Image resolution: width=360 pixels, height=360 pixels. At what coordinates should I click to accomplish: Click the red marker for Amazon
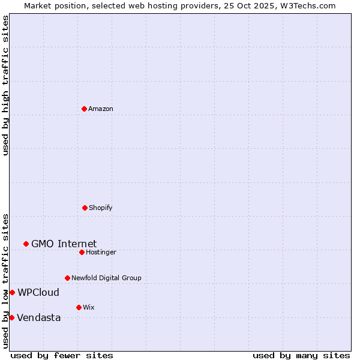84,109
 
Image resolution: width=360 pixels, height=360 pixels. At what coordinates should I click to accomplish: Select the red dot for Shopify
85,208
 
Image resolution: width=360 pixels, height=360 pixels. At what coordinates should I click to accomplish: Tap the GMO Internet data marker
26,244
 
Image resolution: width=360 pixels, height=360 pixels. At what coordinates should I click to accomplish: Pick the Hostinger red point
82,252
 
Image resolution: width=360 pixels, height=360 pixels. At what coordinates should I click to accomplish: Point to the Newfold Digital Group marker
67,278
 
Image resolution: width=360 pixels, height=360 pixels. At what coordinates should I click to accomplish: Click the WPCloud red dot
12,292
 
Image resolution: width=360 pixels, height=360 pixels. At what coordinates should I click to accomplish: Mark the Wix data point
79,307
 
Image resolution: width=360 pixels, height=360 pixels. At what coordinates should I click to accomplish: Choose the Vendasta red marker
11,317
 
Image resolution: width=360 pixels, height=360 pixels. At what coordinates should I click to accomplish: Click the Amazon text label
101,109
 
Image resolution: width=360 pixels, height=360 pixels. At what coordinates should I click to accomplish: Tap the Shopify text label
101,208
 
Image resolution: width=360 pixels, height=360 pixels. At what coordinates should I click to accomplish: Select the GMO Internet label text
64,244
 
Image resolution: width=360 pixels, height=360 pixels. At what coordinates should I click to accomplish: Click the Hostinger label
101,252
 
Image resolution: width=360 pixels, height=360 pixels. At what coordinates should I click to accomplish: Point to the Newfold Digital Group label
106,278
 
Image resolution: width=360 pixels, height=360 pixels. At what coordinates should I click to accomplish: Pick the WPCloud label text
38,292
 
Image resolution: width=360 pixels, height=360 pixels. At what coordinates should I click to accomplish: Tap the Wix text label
89,307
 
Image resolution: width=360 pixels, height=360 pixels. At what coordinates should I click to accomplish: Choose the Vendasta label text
38,317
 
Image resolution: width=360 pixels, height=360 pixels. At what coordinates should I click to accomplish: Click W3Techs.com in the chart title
307,5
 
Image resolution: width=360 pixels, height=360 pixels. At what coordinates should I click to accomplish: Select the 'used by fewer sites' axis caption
62,355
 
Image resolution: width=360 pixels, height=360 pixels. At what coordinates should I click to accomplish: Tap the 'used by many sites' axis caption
301,355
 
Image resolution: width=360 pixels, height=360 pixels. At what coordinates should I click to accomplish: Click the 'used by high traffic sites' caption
5,85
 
